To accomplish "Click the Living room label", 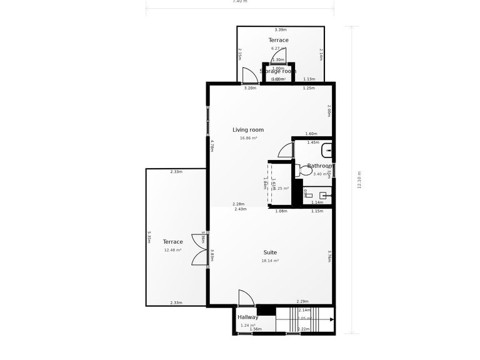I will point(248,130).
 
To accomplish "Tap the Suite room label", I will point(270,252).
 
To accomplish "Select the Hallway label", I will point(247,317).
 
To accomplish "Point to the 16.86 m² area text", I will point(248,138).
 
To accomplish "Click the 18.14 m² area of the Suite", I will point(270,261).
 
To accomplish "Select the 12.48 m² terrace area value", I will point(172,250).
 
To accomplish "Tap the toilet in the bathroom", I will point(305,169).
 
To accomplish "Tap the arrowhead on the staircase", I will point(331,319).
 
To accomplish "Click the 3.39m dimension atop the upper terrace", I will point(281,29).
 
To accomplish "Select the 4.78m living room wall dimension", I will point(212,145).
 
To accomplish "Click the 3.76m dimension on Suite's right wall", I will point(329,256).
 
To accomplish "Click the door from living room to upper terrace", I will point(250,76).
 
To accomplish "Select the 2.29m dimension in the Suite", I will point(302,302).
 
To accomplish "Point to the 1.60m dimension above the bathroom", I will point(311,134).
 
